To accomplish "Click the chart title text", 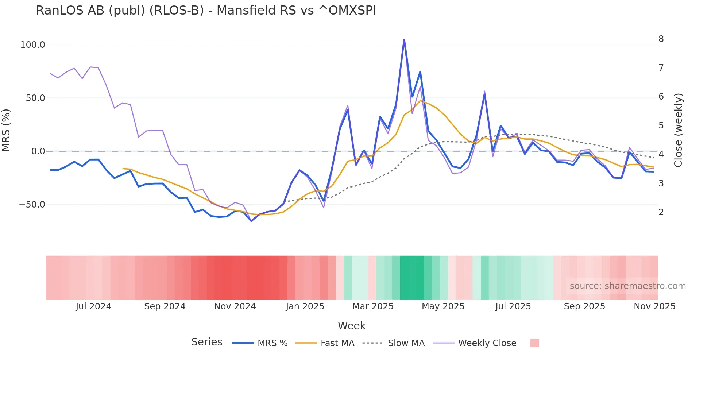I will tap(206, 11).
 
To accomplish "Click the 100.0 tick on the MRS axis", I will tap(32, 45).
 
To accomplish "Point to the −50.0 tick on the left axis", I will tap(32, 205).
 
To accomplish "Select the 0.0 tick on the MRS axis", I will tap(38, 151).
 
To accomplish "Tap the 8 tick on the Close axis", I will tap(661, 39).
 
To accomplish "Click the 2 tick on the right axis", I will tap(661, 212).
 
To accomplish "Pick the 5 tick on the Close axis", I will tap(661, 125).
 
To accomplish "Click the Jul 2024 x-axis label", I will tap(93, 306).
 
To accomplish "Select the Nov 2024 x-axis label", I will tap(235, 306).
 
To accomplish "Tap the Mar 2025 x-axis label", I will tap(373, 306).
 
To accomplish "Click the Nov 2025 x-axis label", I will tap(654, 306).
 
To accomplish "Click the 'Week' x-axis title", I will tap(351, 326).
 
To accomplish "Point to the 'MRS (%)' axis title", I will tap(6, 130).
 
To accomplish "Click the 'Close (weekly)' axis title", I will tap(678, 130).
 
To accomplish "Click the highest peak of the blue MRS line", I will tap(404, 40).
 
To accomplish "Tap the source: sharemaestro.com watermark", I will tap(627, 286).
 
